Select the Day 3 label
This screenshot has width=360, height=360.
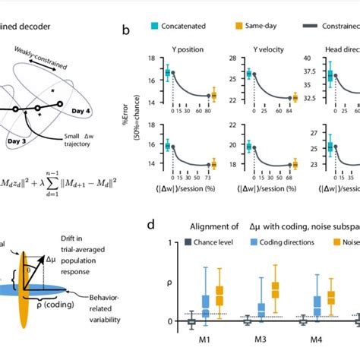(29, 141)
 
